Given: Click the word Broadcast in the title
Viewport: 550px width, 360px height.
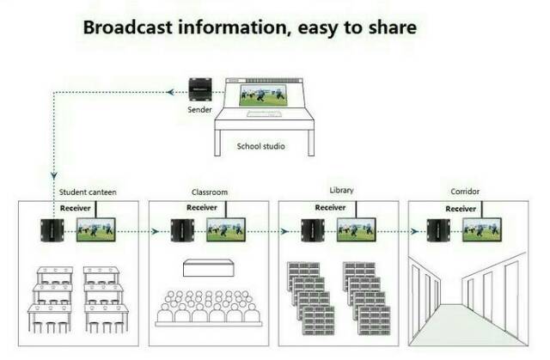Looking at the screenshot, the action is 128,27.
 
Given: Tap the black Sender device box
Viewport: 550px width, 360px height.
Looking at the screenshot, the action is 200,89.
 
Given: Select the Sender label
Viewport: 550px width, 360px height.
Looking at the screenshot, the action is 199,110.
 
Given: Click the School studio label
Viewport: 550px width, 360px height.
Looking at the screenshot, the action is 260,146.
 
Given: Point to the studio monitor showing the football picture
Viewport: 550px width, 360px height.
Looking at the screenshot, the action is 263,95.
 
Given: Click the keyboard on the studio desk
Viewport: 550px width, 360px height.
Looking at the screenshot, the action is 264,114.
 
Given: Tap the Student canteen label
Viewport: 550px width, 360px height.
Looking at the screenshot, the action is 88,192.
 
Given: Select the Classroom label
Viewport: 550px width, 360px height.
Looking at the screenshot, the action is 210,192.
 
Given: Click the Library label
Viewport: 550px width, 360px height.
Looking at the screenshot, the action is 341,191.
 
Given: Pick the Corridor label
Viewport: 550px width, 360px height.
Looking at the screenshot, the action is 465,192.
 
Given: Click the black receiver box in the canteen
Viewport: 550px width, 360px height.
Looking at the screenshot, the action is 52,230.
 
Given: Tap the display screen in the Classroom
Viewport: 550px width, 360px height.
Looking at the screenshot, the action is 226,229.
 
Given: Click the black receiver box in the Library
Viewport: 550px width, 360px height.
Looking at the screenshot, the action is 313,230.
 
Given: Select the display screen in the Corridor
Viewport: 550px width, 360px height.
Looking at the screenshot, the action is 482,229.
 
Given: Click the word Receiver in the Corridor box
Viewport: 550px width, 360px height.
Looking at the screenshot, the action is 461,209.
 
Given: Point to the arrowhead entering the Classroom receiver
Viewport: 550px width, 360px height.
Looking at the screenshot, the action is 156,231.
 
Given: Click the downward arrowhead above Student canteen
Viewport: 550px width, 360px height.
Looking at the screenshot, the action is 53,175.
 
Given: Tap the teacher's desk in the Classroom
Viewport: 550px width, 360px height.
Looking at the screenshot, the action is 208,268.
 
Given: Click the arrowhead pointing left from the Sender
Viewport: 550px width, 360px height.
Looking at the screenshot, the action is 170,92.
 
